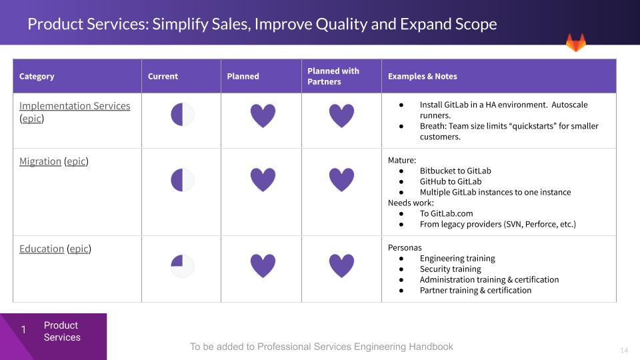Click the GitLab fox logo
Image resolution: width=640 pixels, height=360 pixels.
point(576,43)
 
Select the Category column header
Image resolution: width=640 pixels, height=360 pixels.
point(37,76)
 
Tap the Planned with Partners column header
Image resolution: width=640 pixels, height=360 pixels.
point(333,76)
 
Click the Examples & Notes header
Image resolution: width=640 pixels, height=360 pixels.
point(423,76)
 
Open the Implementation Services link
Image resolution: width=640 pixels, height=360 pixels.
point(75,106)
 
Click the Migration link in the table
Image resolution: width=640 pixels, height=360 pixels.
point(40,161)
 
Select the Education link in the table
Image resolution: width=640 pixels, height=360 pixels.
point(41,249)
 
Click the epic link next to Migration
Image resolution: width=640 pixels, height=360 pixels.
point(76,161)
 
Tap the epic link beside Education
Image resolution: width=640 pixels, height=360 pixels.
point(79,249)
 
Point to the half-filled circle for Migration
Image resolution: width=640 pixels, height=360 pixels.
point(183,180)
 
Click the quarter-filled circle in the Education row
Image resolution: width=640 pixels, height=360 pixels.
point(183,266)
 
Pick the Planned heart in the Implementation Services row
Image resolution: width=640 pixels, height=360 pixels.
point(263,115)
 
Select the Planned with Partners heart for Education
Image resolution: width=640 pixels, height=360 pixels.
point(341,266)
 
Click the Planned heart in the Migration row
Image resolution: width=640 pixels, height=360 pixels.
point(263,179)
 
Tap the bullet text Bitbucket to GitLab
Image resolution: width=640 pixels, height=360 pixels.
point(455,171)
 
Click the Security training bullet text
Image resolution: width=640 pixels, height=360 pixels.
point(450,269)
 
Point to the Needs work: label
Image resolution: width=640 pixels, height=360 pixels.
point(411,203)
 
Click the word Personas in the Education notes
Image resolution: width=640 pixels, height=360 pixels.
point(405,248)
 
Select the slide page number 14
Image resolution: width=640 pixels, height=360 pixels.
point(624,350)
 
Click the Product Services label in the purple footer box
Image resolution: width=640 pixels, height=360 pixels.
point(62,331)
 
